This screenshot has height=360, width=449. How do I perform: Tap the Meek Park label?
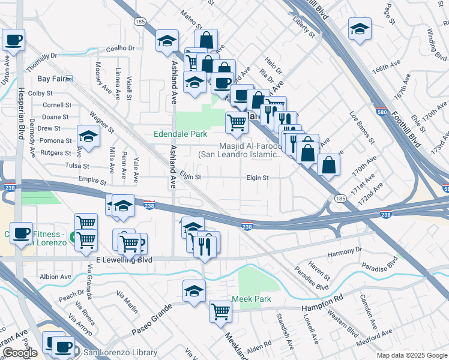point(252,299)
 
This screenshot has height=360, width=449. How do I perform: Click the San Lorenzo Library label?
point(120,353)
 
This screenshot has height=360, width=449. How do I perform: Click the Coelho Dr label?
point(122,48)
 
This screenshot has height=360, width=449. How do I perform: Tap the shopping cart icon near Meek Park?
point(220,311)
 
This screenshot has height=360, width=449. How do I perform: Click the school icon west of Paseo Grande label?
point(194,291)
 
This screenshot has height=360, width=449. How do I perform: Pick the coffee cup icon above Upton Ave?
point(13,40)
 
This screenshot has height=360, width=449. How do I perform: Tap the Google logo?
point(19,353)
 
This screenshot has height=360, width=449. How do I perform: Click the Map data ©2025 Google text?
point(411,355)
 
